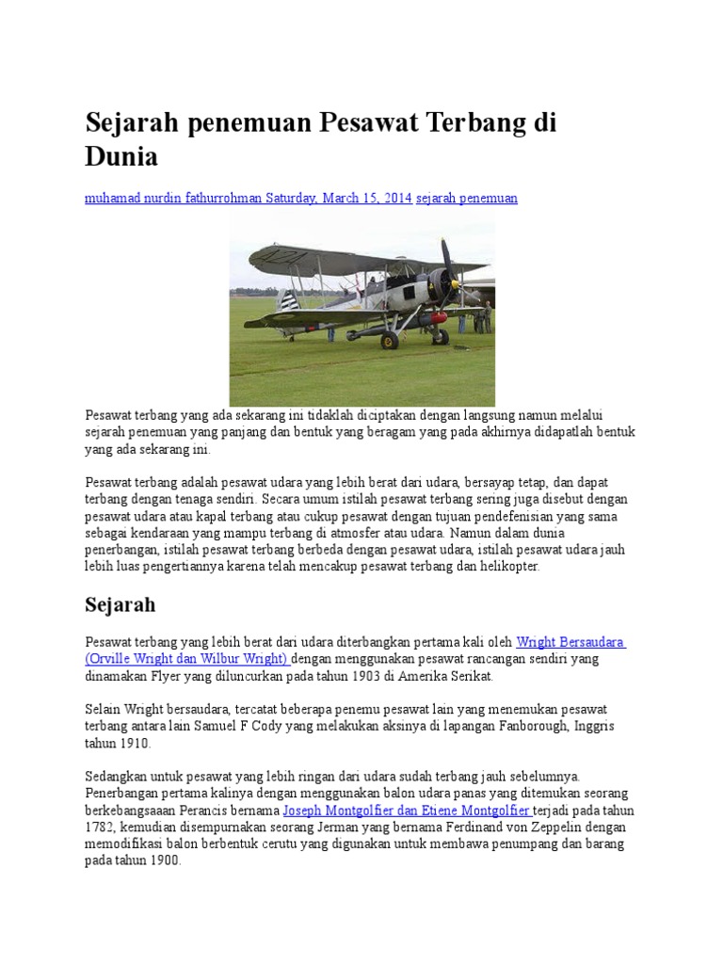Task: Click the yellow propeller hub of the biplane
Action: pyautogui.click(x=455, y=281)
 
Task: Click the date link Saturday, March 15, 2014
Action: pyautogui.click(x=339, y=199)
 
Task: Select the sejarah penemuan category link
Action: pyautogui.click(x=467, y=199)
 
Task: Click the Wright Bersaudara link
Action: pyautogui.click(x=570, y=642)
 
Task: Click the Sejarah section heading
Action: pyautogui.click(x=120, y=603)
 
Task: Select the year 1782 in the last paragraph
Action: pyautogui.click(x=101, y=827)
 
